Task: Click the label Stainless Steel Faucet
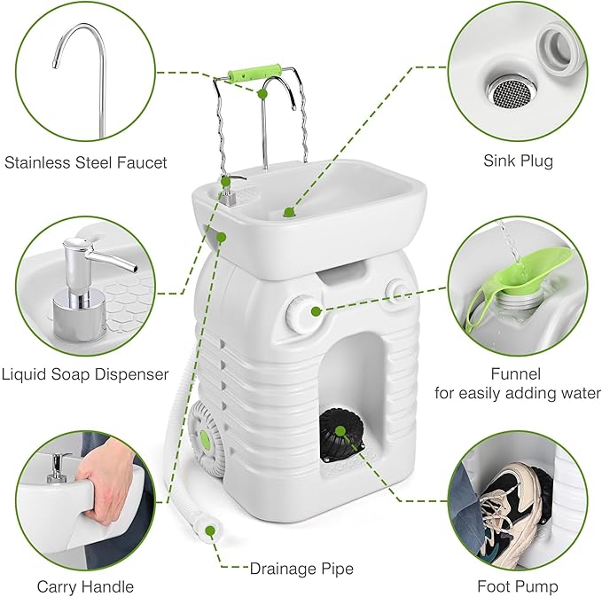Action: tap(86, 161)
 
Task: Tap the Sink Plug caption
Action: tap(518, 161)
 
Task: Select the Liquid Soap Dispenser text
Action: tap(86, 373)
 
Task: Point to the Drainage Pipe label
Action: tap(301, 567)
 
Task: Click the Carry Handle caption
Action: tap(85, 586)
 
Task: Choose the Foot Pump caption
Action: tap(518, 586)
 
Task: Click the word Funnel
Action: tap(517, 373)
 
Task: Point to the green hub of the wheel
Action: tap(206, 438)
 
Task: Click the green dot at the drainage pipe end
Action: tap(211, 531)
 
